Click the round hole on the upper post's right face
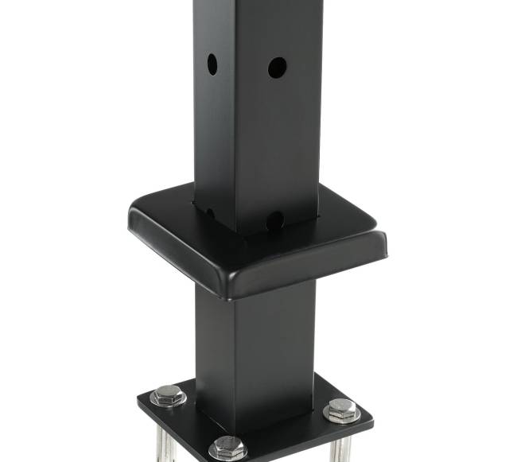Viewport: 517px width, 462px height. click(277, 68)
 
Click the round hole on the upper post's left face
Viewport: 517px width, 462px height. click(212, 64)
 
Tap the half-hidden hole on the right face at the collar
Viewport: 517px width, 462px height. click(275, 220)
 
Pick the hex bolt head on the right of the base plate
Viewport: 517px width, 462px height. click(341, 408)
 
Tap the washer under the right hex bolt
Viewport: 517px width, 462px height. click(342, 417)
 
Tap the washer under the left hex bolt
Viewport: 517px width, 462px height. click(168, 401)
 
